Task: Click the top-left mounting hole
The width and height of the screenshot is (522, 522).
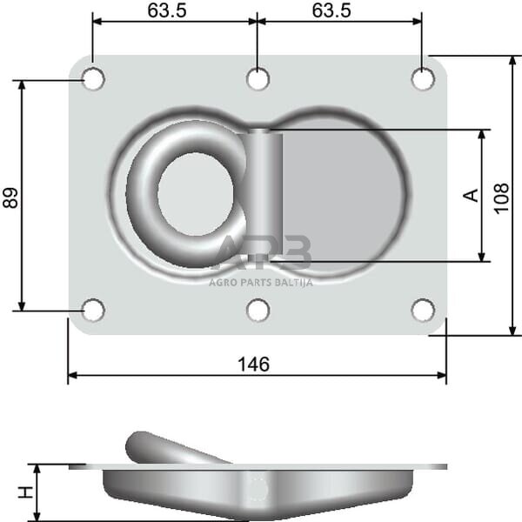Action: point(93,79)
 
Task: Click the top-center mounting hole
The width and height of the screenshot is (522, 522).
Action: point(258,79)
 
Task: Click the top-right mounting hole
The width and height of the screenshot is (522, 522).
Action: point(423,79)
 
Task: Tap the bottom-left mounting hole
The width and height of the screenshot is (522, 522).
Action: point(93,310)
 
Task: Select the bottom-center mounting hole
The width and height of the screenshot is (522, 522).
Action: point(258,310)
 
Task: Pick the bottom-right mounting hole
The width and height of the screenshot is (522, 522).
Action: point(423,310)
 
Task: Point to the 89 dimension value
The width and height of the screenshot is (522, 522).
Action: point(11,197)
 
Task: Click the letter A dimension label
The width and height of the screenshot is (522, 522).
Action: point(471,195)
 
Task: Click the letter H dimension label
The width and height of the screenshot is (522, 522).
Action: point(27,492)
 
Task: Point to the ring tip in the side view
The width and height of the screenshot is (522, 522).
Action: point(137,445)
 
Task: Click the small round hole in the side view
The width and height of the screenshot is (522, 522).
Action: point(257,490)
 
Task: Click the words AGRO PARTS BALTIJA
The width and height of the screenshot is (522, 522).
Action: point(260,282)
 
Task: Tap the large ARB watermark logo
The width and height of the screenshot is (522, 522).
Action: point(261,255)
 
